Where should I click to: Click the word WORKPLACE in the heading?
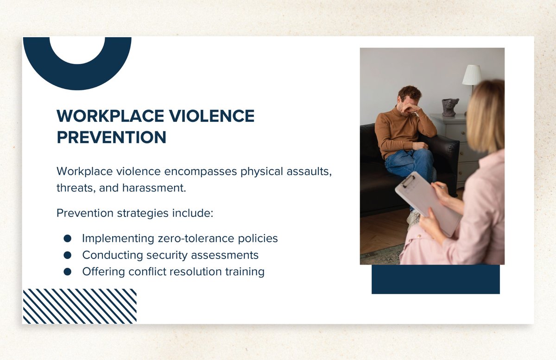pyautogui.click(x=110, y=116)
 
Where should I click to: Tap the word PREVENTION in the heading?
pyautogui.click(x=112, y=137)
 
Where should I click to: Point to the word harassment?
pyautogui.click(x=154, y=188)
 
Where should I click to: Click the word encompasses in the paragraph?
pyautogui.click(x=200, y=172)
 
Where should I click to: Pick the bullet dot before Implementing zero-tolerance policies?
pyautogui.click(x=67, y=239)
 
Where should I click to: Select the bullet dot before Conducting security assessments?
pyautogui.click(x=67, y=255)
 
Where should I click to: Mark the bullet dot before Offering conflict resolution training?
pyautogui.click(x=67, y=272)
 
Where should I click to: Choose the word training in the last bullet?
pyautogui.click(x=245, y=272)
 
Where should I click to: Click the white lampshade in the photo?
pyautogui.click(x=472, y=75)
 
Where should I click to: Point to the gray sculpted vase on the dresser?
pyautogui.click(x=450, y=107)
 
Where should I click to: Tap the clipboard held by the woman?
pyautogui.click(x=427, y=203)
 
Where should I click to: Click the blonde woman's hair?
pyautogui.click(x=486, y=116)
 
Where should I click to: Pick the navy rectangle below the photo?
pyautogui.click(x=436, y=279)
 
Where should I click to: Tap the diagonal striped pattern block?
pyautogui.click(x=80, y=306)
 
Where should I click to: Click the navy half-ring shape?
pyautogui.click(x=77, y=77)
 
